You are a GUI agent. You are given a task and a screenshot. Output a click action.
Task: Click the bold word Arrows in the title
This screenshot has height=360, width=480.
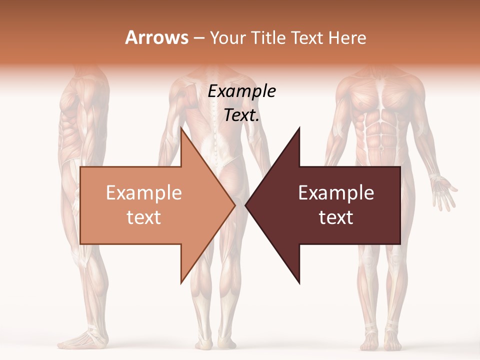tap(156, 37)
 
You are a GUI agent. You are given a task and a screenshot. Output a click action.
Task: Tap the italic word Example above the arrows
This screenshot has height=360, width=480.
tap(242, 91)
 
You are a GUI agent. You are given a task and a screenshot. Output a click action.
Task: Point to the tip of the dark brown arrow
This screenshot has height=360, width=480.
tap(246, 205)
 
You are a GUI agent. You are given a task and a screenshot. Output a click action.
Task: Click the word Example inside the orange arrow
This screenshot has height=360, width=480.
tap(144, 193)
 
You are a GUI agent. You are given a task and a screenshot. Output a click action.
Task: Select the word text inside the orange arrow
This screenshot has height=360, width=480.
tap(144, 217)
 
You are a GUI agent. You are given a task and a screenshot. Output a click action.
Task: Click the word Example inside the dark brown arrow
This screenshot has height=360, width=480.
tap(336, 193)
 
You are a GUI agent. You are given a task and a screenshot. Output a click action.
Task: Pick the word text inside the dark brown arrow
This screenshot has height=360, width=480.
tap(336, 217)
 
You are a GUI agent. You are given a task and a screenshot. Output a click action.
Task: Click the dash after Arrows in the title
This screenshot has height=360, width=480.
tap(198, 37)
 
